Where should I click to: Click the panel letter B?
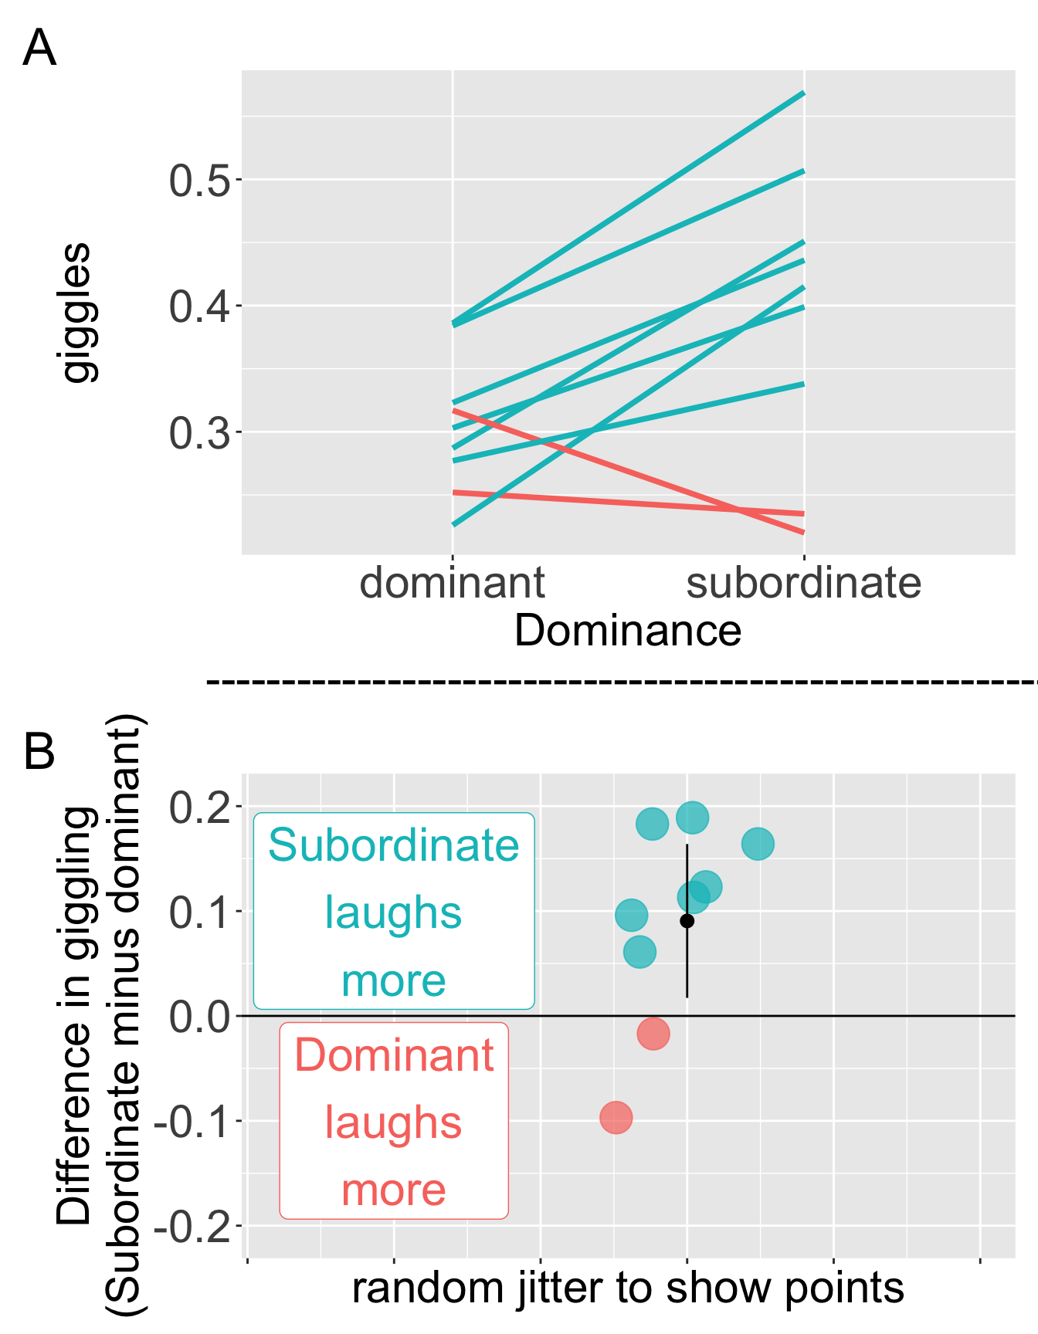tap(39, 751)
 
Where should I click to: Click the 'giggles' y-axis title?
tap(76, 313)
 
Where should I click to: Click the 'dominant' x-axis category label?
tap(453, 583)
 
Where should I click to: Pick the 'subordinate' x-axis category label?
tap(804, 583)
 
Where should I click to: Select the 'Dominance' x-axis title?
tap(628, 631)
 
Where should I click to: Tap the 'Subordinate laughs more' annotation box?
tap(394, 911)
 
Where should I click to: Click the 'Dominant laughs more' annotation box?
tap(394, 1121)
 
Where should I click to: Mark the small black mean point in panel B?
tap(687, 921)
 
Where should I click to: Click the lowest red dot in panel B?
tap(616, 1117)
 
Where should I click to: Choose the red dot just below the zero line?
tap(653, 1034)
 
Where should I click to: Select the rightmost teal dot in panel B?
tap(758, 844)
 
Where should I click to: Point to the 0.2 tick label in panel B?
tap(199, 808)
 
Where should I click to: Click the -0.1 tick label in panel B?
tap(193, 1122)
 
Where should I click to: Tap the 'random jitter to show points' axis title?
tap(628, 1288)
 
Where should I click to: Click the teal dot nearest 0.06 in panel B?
tap(639, 952)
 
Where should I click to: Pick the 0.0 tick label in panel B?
tap(199, 1017)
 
